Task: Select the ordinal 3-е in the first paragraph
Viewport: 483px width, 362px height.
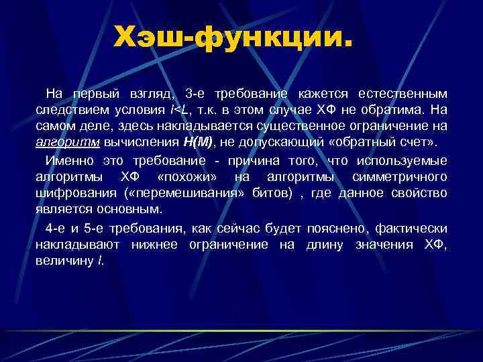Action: [198, 93]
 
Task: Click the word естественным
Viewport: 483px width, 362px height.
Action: [401, 93]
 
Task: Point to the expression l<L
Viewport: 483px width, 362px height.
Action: [178, 109]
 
